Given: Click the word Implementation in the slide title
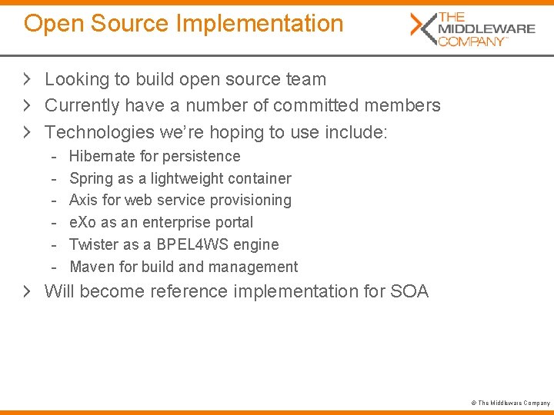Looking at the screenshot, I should point(259,24).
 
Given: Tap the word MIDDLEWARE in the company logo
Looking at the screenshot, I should point(486,29).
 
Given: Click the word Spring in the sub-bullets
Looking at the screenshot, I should point(91,179).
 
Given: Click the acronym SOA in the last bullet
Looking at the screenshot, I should point(409,292).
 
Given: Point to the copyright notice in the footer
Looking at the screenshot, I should point(510,403).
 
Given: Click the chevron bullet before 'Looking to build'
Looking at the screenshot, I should point(28,79).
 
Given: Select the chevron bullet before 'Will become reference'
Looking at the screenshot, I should point(28,292).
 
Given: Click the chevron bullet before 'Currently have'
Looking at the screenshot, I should point(28,105).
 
